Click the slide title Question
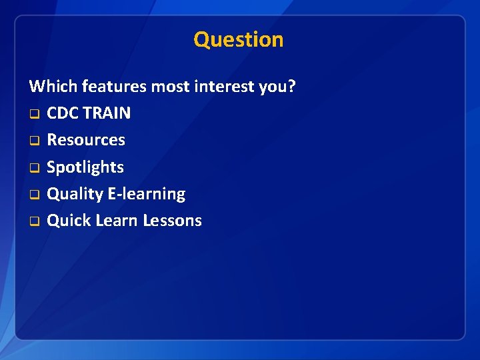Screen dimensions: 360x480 [239, 39]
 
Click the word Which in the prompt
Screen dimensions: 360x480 [53, 86]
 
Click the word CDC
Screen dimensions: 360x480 [63, 113]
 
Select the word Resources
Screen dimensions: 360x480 [86, 140]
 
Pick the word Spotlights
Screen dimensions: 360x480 [85, 167]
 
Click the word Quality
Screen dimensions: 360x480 [75, 194]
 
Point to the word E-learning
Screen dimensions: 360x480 [147, 194]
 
